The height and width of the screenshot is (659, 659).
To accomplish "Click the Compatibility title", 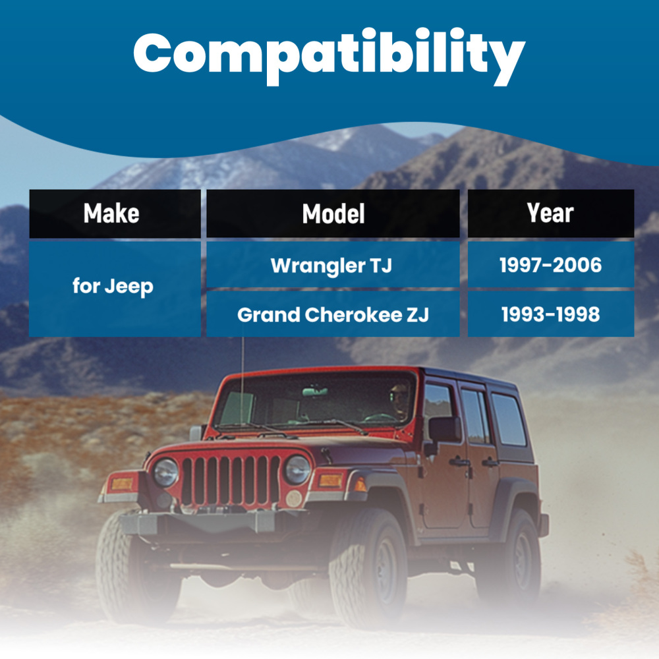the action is tap(329, 56).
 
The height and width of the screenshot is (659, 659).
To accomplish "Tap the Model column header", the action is tap(333, 214).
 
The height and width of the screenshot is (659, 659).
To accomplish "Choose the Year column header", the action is tap(550, 214).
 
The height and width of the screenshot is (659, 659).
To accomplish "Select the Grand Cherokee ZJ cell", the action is tap(333, 314).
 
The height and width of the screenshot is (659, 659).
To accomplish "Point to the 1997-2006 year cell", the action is tap(550, 264).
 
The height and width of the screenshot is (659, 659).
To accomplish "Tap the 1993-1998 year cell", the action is tap(550, 314).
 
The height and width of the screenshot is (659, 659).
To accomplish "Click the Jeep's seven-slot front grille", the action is tap(231, 480).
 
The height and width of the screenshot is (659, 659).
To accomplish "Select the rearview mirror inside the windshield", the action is tap(315, 391).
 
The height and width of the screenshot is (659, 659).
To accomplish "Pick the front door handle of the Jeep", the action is tap(459, 463).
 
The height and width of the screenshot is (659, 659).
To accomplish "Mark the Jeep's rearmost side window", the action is tap(508, 419).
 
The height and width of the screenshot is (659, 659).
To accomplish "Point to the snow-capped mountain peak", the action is tap(349, 138).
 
